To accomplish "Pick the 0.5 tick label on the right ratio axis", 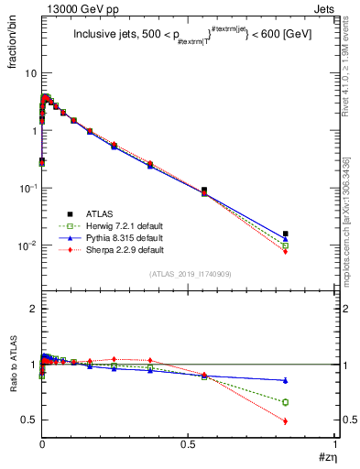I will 348,420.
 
